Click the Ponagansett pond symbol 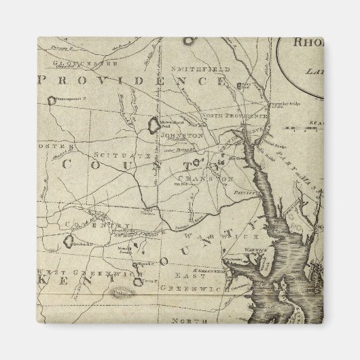pyautogui.click(x=52, y=101)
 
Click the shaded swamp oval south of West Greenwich pyautogui.click(x=122, y=293)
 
